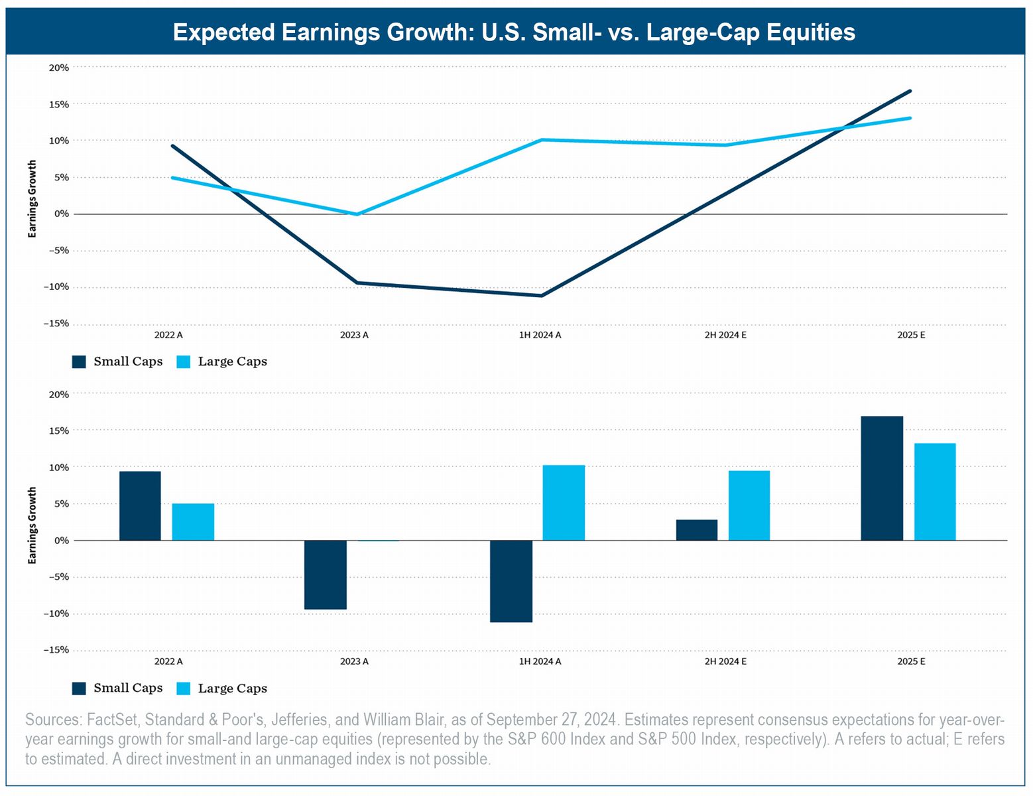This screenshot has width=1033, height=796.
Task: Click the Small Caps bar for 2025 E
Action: tap(882, 478)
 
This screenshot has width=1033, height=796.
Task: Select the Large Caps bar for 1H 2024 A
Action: tap(564, 503)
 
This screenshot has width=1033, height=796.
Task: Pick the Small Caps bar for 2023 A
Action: tap(326, 574)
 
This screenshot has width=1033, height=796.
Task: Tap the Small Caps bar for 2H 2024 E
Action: tap(697, 530)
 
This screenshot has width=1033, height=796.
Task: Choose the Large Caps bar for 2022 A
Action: tap(193, 522)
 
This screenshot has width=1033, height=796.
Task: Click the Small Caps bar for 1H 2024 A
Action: tap(511, 581)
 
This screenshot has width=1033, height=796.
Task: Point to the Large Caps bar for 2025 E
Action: tap(935, 492)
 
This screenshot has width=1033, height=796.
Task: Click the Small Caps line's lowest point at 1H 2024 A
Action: tap(542, 295)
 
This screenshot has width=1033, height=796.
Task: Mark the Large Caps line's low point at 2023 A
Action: tap(357, 214)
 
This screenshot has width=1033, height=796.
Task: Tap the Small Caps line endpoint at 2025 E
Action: tap(910, 91)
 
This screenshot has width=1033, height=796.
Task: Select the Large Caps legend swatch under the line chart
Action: tap(184, 362)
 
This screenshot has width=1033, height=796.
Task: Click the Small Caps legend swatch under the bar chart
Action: tap(79, 689)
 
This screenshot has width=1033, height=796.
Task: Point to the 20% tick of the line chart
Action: tap(58, 68)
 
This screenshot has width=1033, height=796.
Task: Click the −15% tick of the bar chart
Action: tap(56, 650)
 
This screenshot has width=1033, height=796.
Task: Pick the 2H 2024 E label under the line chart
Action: tap(725, 335)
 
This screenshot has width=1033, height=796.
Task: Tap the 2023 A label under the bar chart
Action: tap(354, 661)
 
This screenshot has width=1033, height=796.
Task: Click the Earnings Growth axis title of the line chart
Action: tap(32, 199)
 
